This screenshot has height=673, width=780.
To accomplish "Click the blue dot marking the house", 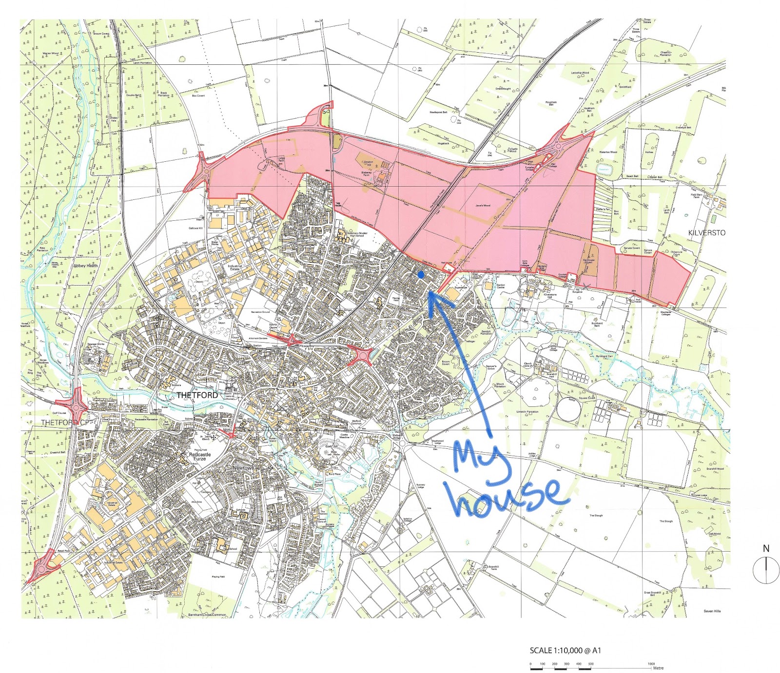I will tap(421, 275).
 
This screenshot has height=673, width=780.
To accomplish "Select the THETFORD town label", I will tap(197, 395).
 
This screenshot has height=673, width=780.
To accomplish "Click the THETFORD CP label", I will tap(65, 423).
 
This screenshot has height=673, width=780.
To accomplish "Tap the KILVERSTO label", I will tap(706, 233).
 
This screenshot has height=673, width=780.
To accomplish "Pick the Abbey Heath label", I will tap(85, 266).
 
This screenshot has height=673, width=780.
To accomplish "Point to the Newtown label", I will tap(243, 468).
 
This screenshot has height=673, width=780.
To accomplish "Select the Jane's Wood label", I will tap(483, 206).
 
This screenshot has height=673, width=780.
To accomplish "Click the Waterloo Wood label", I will tap(608, 152).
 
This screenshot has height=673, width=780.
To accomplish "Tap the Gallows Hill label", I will tap(195, 228).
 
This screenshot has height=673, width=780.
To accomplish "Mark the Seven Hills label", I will tap(712, 611).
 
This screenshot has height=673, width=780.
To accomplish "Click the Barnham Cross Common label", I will tap(207, 615).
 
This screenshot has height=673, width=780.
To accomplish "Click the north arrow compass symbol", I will tap(766, 570).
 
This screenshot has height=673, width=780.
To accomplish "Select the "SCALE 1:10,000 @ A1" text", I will tap(565, 651).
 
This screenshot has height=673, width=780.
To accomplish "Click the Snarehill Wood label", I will tap(715, 469).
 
